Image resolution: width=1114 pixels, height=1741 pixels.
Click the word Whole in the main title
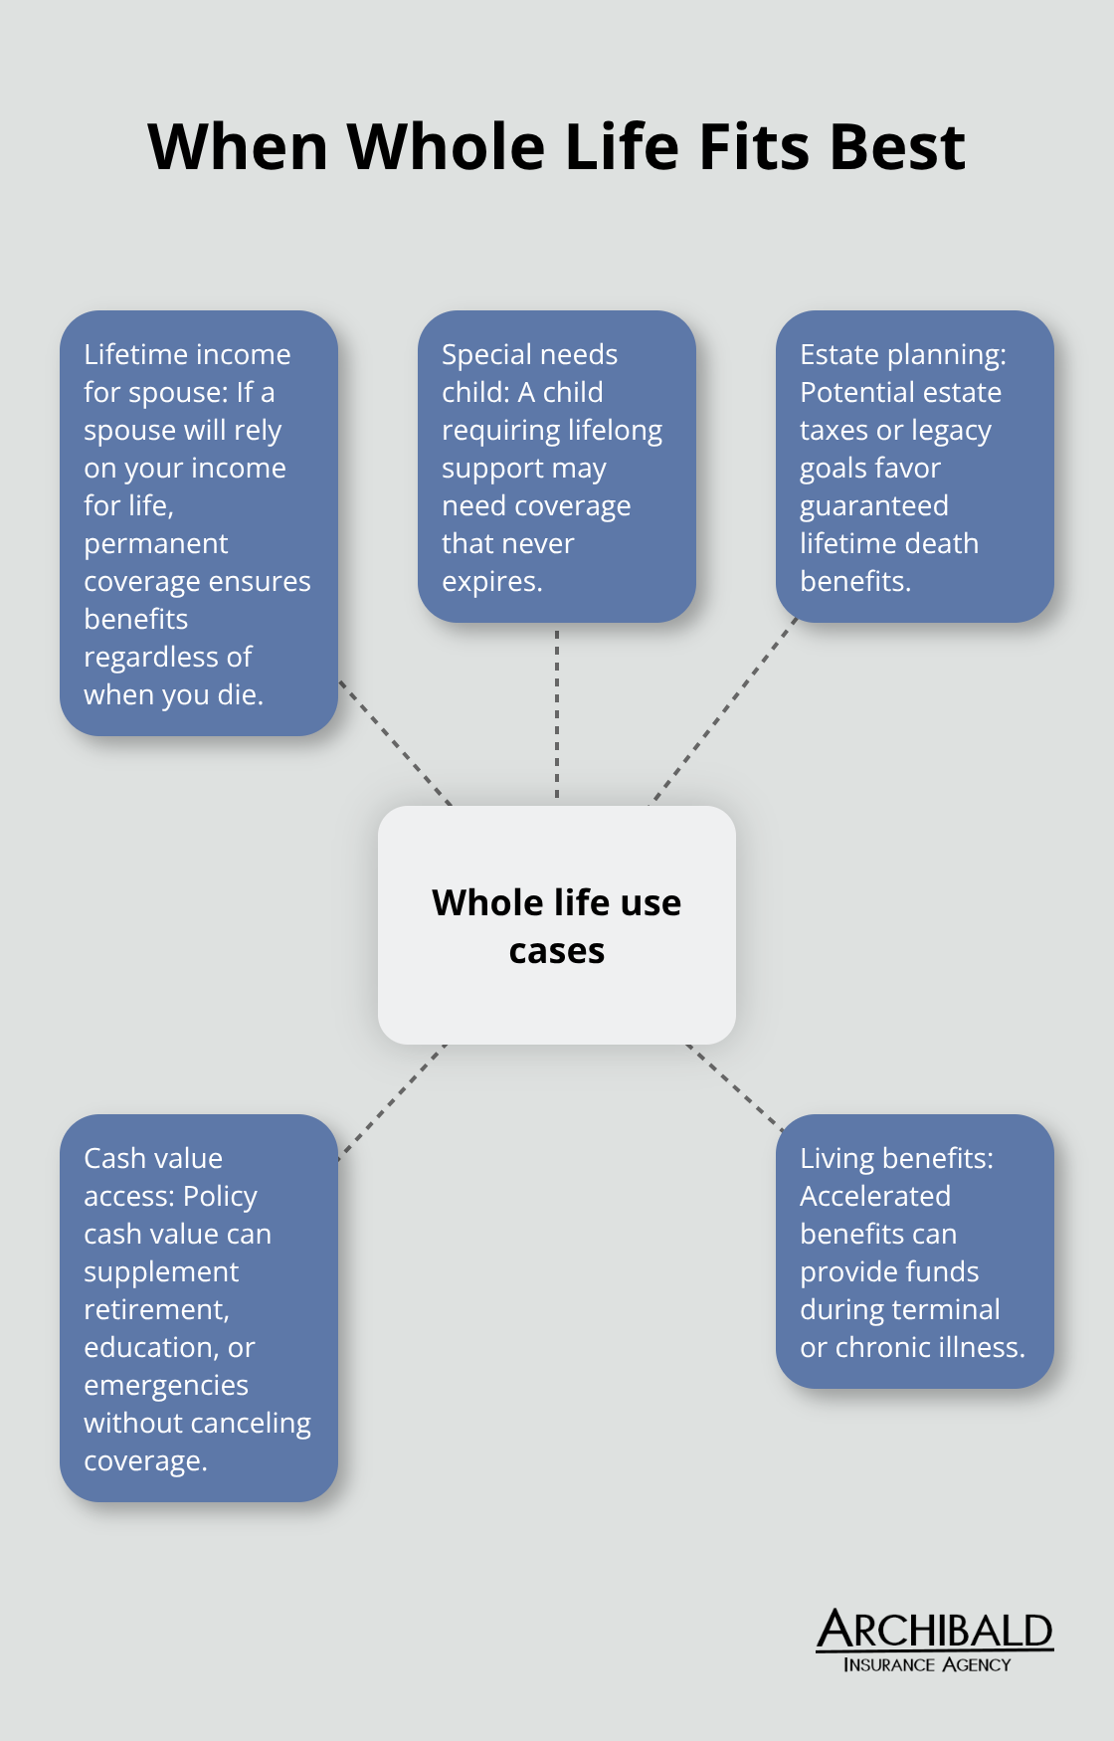(446, 147)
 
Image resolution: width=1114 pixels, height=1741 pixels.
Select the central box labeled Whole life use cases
(556, 925)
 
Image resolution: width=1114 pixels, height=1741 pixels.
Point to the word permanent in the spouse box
(155, 543)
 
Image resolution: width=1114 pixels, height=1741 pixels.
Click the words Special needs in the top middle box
(529, 354)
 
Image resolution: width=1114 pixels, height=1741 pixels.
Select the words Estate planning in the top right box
(901, 354)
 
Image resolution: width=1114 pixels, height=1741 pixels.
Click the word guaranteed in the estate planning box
(873, 505)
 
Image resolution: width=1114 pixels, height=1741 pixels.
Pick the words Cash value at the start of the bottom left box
(153, 1158)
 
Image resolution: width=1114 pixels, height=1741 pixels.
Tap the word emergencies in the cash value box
(165, 1385)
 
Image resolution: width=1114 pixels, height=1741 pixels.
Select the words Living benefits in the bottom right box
(895, 1158)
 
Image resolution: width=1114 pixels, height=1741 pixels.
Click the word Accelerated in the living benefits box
(874, 1196)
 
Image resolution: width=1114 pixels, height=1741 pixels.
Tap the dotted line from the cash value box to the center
(392, 1101)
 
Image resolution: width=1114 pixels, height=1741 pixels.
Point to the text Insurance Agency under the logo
(926, 1664)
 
